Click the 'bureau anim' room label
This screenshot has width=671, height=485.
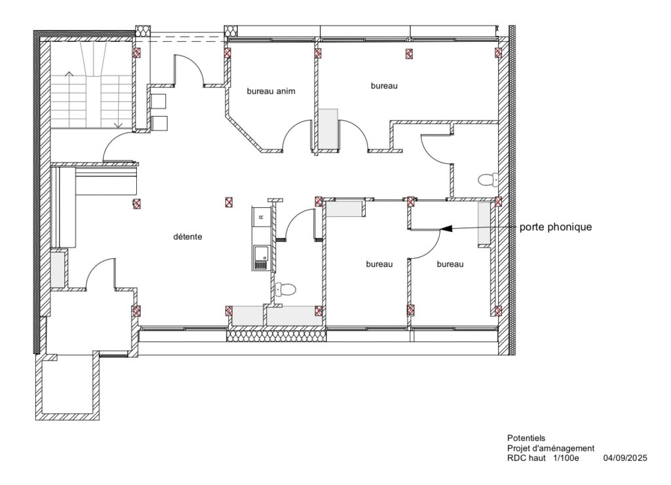(x=271, y=91)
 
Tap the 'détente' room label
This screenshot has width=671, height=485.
(x=187, y=237)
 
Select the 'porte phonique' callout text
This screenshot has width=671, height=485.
(x=556, y=227)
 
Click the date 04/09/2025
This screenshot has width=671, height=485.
(x=625, y=458)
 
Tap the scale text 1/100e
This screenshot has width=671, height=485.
(x=566, y=458)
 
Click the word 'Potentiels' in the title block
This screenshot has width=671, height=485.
(x=526, y=438)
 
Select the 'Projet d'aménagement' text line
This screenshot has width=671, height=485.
(x=550, y=448)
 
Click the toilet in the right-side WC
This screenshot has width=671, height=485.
(x=488, y=180)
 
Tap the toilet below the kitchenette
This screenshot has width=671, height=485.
(x=286, y=290)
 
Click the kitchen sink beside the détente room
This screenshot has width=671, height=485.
(x=259, y=258)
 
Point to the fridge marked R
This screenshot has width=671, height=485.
(x=261, y=216)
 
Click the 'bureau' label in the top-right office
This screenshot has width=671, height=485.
(x=384, y=86)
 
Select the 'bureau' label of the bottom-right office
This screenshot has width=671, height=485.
(x=450, y=265)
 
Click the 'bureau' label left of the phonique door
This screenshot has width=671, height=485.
(x=379, y=265)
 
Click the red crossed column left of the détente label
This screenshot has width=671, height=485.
(x=137, y=204)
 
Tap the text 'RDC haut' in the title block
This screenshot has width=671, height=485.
(x=526, y=458)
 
